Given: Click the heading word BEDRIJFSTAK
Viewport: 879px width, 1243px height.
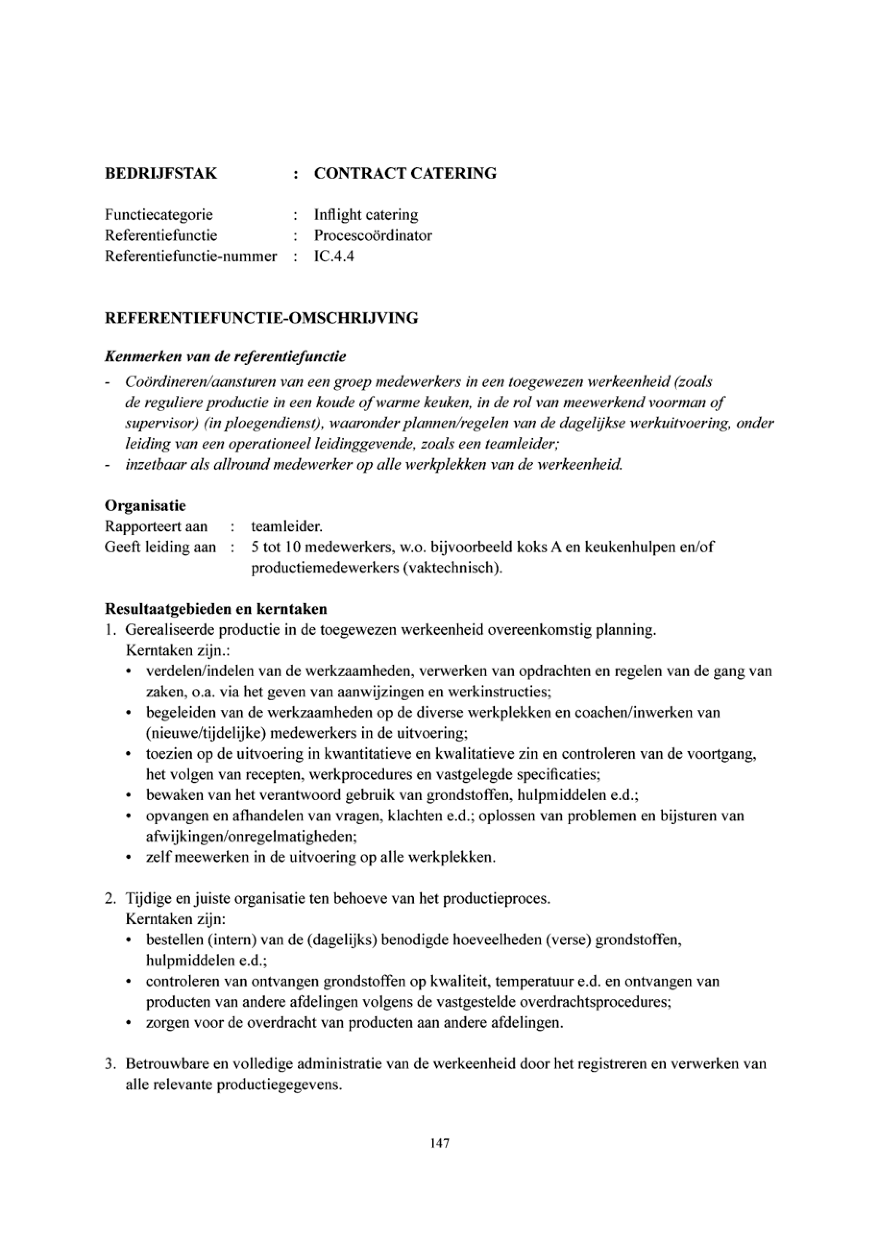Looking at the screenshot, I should [161, 174].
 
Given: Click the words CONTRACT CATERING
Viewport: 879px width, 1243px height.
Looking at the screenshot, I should [405, 174].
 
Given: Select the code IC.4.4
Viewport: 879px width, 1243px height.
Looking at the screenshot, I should [334, 256].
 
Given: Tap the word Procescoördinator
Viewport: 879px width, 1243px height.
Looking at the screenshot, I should [373, 235].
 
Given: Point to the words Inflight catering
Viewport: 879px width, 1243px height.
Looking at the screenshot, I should [366, 215].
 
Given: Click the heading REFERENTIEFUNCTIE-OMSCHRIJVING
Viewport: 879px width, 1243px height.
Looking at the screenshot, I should [261, 318].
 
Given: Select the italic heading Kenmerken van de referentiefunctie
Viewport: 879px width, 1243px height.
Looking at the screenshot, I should [225, 357].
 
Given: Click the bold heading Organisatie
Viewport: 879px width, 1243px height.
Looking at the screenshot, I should [145, 506].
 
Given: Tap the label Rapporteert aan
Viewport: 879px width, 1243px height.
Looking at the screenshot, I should [156, 526].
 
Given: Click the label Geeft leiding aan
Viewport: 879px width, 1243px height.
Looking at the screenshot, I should [160, 547].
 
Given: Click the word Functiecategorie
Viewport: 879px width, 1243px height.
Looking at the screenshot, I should [159, 215].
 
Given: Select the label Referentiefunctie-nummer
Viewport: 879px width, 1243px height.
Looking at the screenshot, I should [191, 256].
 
